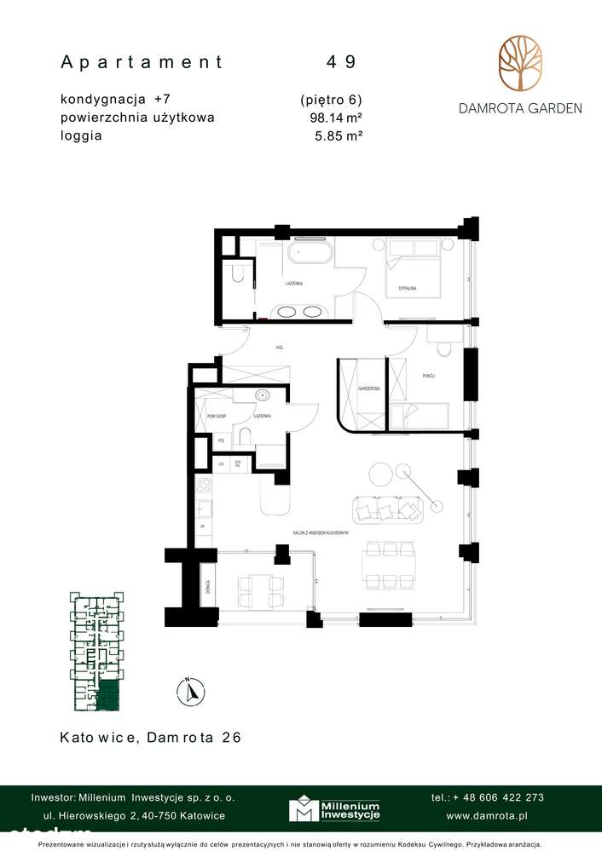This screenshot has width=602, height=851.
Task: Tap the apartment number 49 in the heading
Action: [341, 62]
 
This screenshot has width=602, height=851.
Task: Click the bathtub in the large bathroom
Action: [309, 254]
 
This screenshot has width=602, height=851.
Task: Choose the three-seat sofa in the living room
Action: [388, 509]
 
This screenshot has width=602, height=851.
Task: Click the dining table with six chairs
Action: [389, 565]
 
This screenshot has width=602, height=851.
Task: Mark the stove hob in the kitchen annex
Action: [204, 488]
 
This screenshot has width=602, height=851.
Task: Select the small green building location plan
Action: [96, 652]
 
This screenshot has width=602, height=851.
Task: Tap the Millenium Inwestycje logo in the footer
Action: [333, 809]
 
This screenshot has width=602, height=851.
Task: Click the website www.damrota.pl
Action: [486, 815]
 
